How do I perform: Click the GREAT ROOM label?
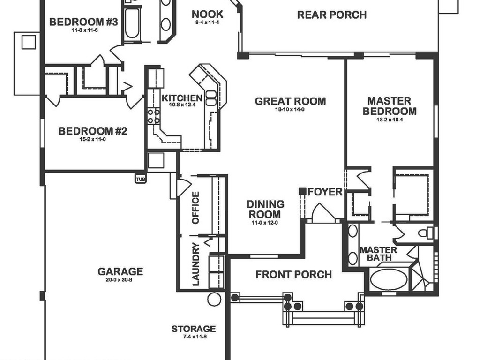coord(290,101)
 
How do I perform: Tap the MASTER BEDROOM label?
coord(389,106)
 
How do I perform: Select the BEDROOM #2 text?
coord(92,131)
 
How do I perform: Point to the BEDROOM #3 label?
coord(83,22)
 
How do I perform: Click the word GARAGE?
coord(120,271)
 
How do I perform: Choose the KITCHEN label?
coord(182,98)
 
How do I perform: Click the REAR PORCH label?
coord(331,15)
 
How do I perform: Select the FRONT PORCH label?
coord(293,275)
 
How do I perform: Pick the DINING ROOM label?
coord(265,209)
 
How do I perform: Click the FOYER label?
coord(325,192)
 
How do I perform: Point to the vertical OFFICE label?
coord(196,208)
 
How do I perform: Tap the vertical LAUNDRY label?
coord(196,264)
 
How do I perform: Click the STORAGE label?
coord(193,329)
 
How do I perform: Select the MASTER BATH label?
coord(378,254)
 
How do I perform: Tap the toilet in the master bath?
coord(425,232)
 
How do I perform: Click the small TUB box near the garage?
coord(140,179)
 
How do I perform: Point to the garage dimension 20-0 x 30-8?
coord(120,280)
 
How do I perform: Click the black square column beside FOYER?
coord(303,191)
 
